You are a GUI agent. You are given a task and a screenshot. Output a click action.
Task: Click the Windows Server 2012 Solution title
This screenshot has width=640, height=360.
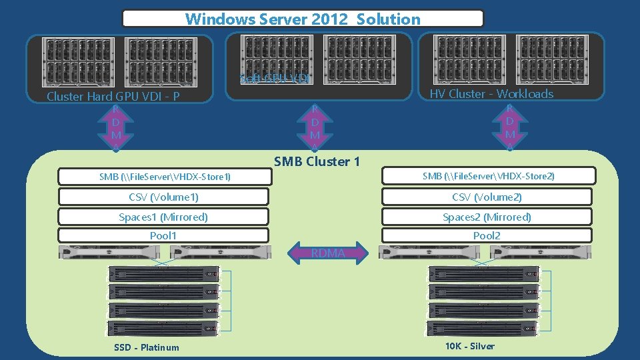(x=303, y=19)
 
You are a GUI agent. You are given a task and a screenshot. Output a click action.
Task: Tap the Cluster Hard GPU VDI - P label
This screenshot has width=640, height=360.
(x=113, y=97)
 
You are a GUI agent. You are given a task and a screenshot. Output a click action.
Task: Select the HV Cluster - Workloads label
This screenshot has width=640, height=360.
(x=491, y=94)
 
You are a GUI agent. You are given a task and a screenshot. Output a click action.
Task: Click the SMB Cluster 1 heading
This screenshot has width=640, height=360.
(x=317, y=161)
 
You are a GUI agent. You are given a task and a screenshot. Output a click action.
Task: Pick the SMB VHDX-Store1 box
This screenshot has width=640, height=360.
(x=165, y=177)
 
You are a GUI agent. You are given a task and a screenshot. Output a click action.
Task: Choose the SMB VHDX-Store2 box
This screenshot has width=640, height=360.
(x=488, y=176)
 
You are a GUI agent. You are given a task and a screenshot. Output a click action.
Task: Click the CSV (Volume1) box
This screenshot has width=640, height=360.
(x=163, y=197)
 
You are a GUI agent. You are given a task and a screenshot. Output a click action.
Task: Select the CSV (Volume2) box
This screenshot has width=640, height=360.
(x=487, y=197)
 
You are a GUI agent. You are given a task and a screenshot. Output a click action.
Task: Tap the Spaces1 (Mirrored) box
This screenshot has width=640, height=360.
(x=163, y=217)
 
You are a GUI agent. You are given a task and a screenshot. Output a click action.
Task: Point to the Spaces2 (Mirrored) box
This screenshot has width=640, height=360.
(x=487, y=217)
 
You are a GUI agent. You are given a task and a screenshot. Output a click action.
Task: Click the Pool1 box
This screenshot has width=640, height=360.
(x=163, y=235)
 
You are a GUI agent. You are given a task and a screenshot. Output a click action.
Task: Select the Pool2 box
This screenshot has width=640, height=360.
(x=487, y=235)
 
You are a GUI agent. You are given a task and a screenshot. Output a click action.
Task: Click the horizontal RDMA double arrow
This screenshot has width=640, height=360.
(x=327, y=253)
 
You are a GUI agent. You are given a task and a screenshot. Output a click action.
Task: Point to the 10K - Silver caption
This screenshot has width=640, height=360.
(x=470, y=346)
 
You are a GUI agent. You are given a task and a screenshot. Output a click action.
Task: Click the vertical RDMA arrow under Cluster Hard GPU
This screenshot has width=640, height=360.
(x=115, y=127)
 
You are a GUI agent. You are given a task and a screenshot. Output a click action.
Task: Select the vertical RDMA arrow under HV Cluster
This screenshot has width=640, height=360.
(x=509, y=127)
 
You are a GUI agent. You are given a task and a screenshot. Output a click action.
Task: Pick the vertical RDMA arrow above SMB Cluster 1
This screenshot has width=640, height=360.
(x=315, y=127)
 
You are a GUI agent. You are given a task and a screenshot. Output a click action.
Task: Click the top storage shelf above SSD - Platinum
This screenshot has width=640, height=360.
(x=163, y=274)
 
